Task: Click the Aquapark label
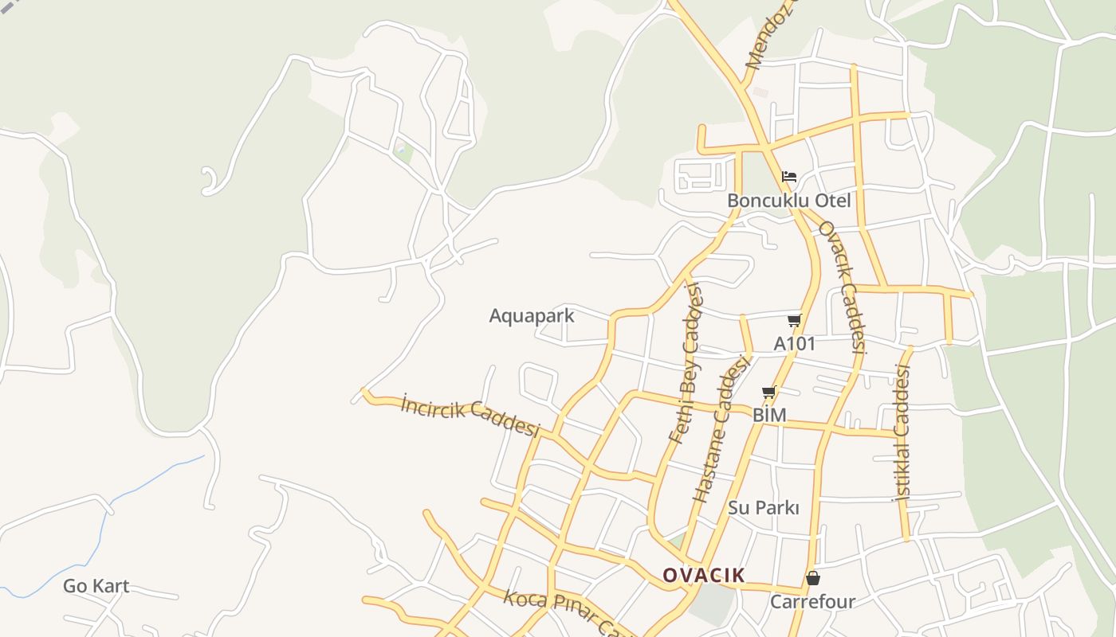click(531, 316)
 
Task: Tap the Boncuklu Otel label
click(788, 201)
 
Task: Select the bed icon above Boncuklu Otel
click(789, 176)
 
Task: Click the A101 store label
click(795, 344)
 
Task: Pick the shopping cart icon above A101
click(794, 320)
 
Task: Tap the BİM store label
click(769, 415)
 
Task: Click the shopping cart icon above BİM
click(769, 392)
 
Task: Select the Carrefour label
click(812, 602)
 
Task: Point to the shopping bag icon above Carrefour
click(813, 578)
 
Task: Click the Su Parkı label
click(763, 508)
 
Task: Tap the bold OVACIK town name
click(704, 575)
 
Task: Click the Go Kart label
click(96, 587)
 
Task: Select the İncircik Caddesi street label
click(470, 415)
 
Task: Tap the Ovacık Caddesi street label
click(842, 287)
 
